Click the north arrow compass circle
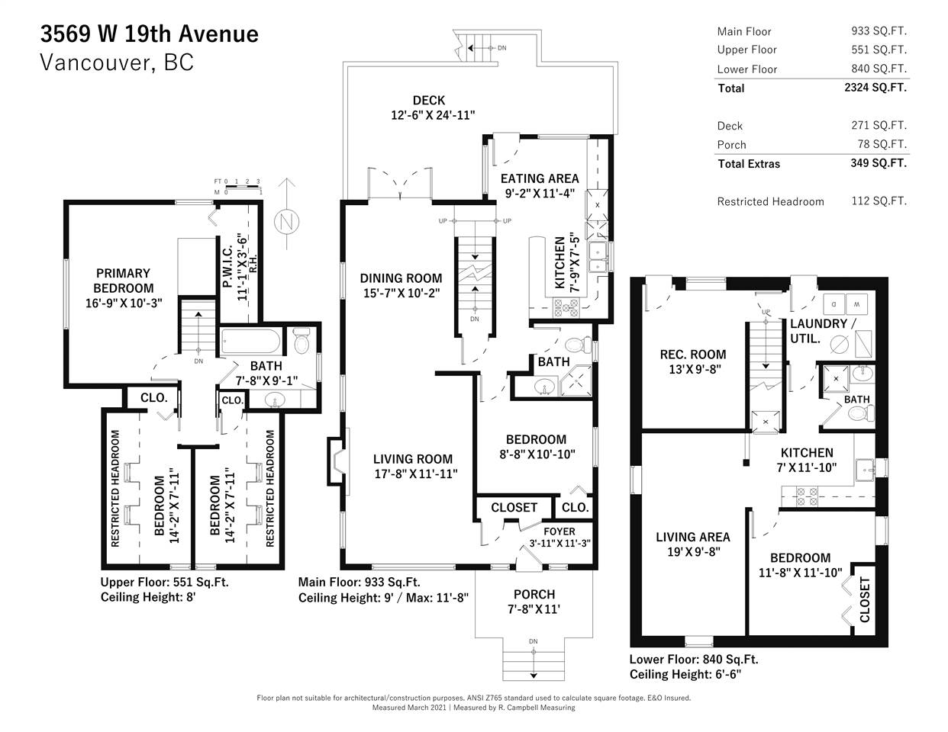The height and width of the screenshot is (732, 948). [x=286, y=221]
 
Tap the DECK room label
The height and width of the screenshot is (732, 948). [x=429, y=100]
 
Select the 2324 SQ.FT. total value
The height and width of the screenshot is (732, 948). [x=875, y=88]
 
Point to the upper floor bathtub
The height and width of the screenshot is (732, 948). [x=250, y=341]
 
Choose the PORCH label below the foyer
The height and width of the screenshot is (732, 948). [x=534, y=594]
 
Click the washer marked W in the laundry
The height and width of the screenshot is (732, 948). [x=857, y=304]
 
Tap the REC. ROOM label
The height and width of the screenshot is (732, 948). [x=693, y=355]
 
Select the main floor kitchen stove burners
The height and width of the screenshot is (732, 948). [x=566, y=307]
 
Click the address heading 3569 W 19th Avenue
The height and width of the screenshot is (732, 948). [x=150, y=34]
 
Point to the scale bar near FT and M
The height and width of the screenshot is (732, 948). [x=243, y=187]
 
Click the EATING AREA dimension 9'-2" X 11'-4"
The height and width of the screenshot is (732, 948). [x=540, y=193]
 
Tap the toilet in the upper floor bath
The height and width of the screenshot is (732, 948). [x=301, y=340]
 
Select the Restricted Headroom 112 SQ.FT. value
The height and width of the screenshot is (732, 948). [x=879, y=201]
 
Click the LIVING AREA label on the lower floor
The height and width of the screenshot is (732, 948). [x=693, y=537]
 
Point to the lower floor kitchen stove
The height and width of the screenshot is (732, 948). [x=807, y=497]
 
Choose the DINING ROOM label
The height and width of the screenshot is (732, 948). [x=401, y=278]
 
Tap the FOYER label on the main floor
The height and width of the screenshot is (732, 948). [x=559, y=531]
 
